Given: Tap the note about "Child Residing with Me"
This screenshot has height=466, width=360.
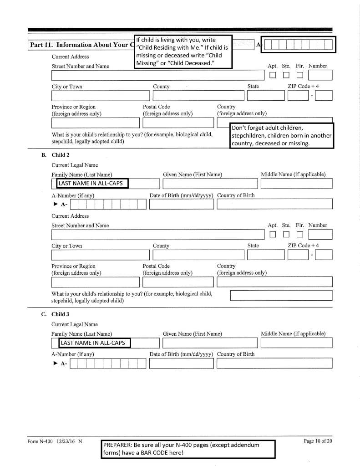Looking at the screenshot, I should point(183,51).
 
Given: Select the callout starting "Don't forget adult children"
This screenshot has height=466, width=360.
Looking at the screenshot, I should point(281,135).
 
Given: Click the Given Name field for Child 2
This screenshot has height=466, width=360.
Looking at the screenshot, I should point(210,184).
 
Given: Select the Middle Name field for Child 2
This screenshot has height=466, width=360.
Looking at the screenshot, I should point(296,184).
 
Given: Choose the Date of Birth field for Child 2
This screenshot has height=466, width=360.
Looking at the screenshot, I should point(181,205).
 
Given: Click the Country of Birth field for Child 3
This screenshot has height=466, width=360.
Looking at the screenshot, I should point(274,364).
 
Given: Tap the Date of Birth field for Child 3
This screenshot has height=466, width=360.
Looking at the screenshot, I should point(181,364).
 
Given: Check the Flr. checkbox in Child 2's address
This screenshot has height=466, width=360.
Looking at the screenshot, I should point(300,235).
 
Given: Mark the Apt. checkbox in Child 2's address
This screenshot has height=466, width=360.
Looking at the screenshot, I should point(273,235).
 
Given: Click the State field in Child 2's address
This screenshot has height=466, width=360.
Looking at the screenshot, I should point(266,256).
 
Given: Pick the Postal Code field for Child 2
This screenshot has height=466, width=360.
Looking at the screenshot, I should point(178,282).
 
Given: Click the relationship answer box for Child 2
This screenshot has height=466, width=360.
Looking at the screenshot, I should point(281,296).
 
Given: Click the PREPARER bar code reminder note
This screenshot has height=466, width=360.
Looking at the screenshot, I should point(188,449).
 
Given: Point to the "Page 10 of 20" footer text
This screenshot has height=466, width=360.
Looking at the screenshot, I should point(318,441).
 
